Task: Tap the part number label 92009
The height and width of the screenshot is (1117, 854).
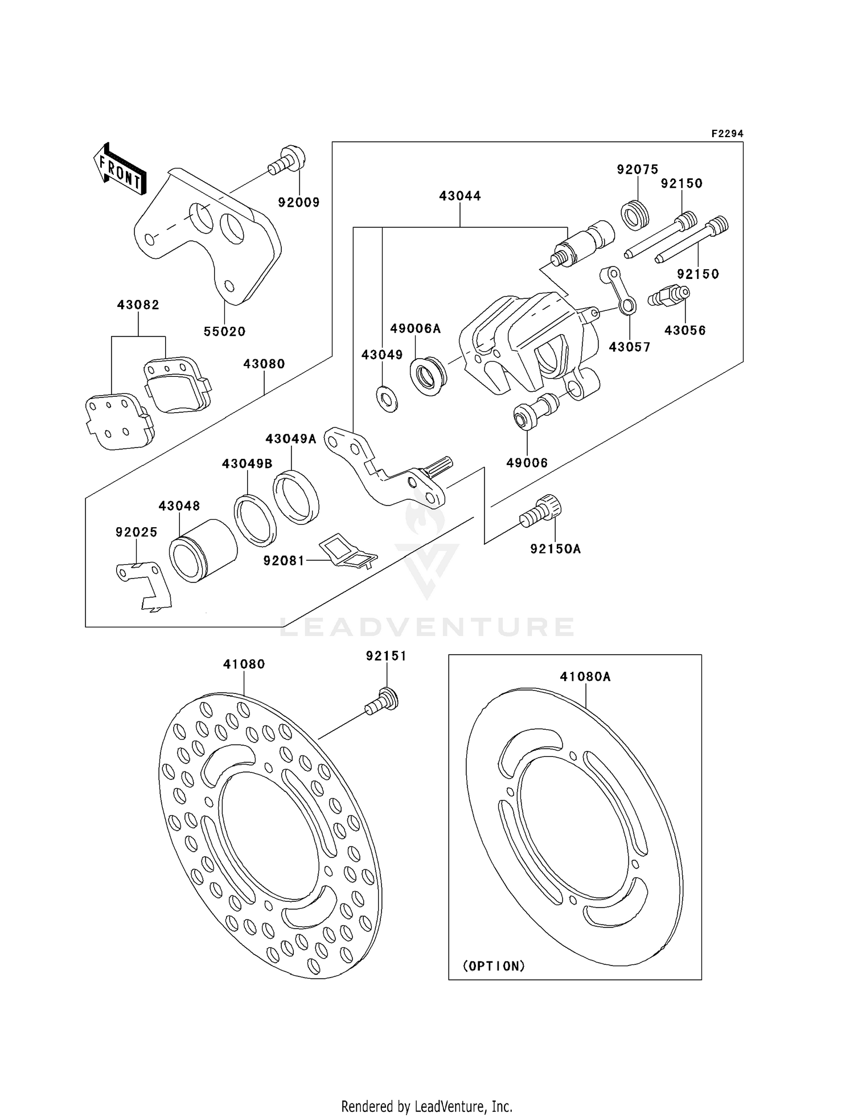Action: [x=299, y=202]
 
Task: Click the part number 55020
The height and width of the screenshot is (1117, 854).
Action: [x=224, y=331]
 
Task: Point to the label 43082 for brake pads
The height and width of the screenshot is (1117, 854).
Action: [x=138, y=305]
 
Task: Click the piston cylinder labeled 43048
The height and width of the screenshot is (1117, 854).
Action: [x=203, y=549]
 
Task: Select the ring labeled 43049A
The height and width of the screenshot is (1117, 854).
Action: [x=295, y=496]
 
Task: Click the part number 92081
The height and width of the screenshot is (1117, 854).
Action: [x=284, y=561]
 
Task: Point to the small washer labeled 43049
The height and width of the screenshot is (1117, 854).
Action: [x=387, y=399]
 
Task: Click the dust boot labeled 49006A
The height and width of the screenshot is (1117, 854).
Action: [x=428, y=376]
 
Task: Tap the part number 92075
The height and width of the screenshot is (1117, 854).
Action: [x=638, y=169]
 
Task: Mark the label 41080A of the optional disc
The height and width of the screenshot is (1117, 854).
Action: [x=585, y=676]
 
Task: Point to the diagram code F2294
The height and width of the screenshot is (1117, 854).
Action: [x=727, y=134]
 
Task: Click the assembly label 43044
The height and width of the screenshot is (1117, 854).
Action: [x=460, y=196]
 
